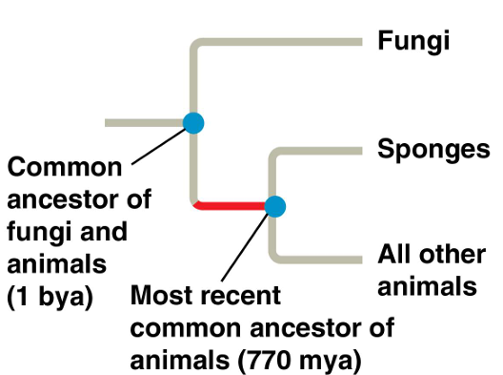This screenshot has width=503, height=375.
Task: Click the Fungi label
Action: coord(413,41)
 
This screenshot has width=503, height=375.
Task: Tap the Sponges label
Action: coord(433,150)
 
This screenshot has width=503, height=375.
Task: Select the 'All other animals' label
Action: coord(426,270)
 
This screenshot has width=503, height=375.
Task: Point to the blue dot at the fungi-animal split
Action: coord(193,122)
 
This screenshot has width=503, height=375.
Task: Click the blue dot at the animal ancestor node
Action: coord(274,205)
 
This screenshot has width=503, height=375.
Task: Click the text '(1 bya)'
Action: coord(50,296)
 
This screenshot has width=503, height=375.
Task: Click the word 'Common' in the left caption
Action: coord(65,169)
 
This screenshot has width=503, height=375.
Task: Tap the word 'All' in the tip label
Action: coord(394,255)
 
